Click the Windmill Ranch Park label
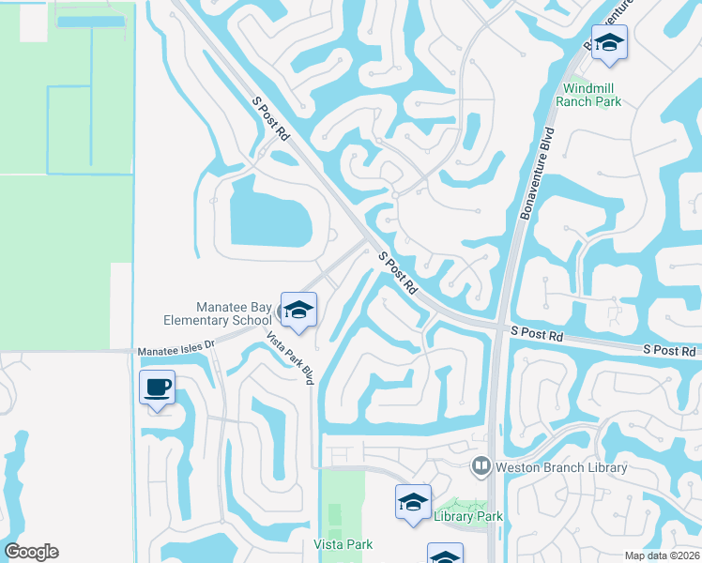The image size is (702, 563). coord(589,94)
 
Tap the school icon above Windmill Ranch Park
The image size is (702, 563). coord(610,43)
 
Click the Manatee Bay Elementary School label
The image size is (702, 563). coord(234,313)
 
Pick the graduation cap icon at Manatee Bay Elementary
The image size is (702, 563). coord(298,311)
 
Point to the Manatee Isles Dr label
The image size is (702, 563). coord(176,350)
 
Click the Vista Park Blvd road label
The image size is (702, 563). coord(289,358)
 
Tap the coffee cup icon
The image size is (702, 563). coord(157,387)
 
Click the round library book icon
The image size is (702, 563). coord(481,465)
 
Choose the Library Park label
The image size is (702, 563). coord(468,516)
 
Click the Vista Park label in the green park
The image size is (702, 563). coord(343,544)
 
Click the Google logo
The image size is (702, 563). coord(31,552)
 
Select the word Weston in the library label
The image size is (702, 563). coord(521,466)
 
